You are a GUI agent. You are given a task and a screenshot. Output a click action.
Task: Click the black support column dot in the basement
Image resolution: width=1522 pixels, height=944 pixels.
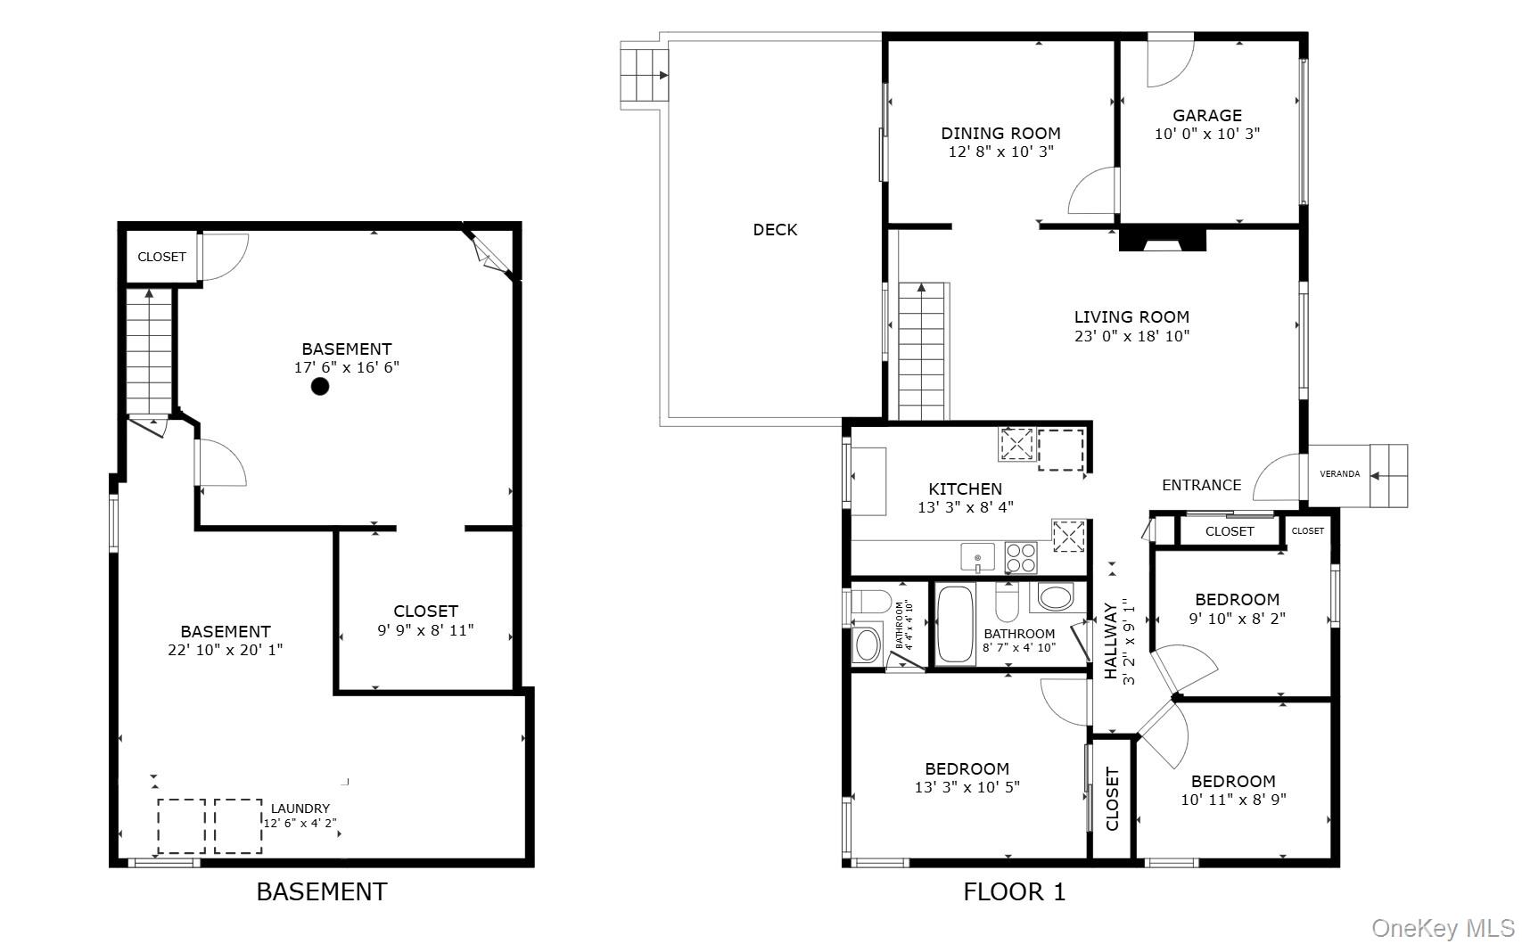point(320,387)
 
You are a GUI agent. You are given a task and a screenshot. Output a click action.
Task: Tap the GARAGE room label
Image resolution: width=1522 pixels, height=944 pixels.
point(1206,116)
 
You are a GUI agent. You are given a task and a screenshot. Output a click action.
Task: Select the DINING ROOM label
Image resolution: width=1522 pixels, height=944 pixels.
point(1000,133)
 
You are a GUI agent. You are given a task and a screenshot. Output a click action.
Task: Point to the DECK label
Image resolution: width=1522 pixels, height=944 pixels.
point(775,230)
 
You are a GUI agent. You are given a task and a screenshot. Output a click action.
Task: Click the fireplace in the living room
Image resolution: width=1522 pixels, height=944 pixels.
point(1162,240)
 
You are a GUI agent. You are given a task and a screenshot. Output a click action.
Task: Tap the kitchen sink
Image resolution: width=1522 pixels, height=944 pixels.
point(977,557)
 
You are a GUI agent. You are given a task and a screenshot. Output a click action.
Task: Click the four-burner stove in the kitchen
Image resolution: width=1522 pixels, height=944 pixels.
point(1021,557)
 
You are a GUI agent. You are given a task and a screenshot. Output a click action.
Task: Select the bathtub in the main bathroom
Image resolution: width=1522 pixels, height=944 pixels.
point(955,624)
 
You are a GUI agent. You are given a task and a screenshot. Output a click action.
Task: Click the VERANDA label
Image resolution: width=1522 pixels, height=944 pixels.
point(1339,474)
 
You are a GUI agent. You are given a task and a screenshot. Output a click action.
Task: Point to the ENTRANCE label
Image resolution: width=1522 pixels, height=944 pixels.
point(1201,485)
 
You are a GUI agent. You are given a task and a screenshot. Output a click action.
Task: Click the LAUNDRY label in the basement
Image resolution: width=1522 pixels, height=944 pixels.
point(300,809)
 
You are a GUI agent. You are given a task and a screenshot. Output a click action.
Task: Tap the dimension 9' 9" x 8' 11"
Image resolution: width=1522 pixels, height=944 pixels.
point(425,630)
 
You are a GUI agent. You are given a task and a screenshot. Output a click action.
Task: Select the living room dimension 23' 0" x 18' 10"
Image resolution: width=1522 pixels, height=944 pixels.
point(1131,335)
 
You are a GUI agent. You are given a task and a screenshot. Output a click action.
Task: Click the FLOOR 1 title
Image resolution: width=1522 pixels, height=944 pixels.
point(1014,891)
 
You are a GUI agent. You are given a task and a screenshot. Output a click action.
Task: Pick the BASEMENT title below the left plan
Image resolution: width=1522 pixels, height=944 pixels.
point(321,891)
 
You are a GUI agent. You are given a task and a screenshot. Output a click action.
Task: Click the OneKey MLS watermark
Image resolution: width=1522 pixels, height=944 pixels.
point(1443,928)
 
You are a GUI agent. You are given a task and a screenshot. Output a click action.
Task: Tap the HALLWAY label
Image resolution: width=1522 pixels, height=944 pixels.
point(1110,641)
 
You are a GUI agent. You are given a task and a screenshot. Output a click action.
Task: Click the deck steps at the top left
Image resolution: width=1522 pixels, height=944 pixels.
point(644,75)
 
